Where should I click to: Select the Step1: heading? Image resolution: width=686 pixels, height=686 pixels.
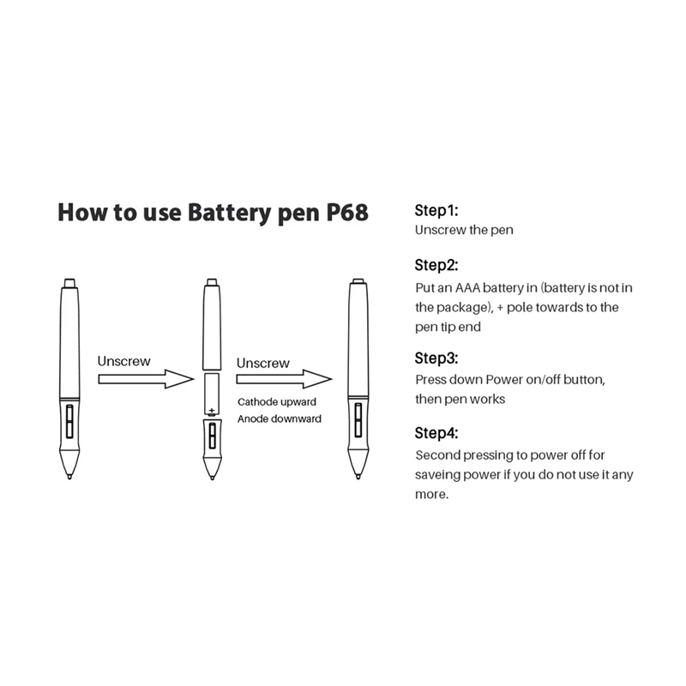437,210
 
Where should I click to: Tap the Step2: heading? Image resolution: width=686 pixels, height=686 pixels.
437,265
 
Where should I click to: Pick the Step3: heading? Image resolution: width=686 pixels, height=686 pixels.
437,358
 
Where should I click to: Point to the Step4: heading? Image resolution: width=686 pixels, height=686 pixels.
437,433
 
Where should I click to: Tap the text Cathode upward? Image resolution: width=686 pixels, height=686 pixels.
275,401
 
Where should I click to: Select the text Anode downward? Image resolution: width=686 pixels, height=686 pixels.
280,418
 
